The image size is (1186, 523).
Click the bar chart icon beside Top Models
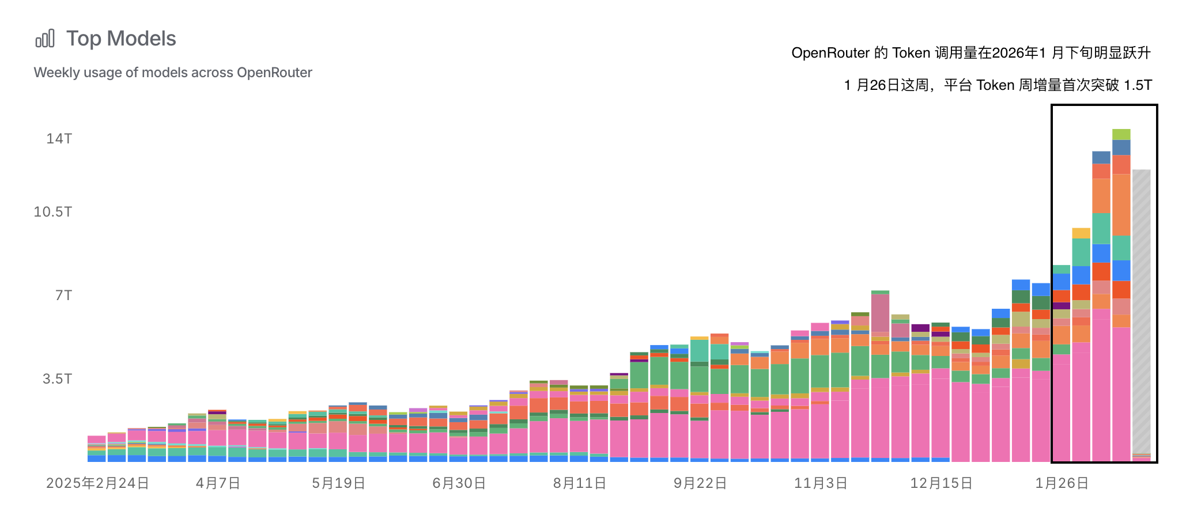[45, 39]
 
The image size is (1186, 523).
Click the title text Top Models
[121, 39]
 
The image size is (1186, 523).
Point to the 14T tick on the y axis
[59, 139]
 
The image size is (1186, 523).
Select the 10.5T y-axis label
[53, 212]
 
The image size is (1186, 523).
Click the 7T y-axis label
[63, 295]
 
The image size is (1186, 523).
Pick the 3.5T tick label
[57, 379]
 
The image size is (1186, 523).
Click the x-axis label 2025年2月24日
[97, 483]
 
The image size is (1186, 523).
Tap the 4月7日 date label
[218, 483]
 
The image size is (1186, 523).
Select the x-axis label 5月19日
[339, 483]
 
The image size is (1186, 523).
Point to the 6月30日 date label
[459, 483]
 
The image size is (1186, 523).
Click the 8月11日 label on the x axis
[580, 483]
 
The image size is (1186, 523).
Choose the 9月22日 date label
[700, 483]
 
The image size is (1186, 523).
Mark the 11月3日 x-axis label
[821, 483]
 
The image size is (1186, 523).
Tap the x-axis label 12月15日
[941, 483]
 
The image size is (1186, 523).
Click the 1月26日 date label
[1062, 483]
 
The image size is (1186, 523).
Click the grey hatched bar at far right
[1141, 311]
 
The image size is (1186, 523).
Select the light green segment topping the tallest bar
[1121, 134]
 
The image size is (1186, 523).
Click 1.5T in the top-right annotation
[1138, 85]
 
